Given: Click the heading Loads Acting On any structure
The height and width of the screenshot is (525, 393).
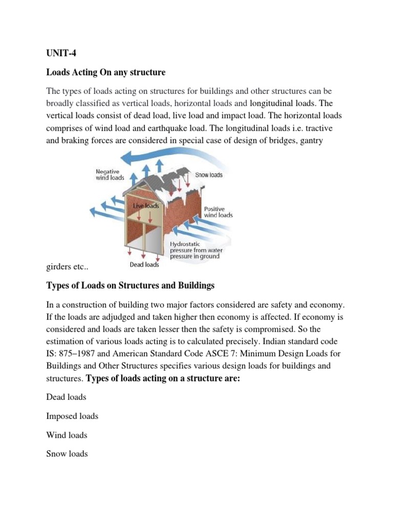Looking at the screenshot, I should click(x=106, y=72).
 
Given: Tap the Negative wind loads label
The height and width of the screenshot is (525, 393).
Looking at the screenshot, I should click(x=110, y=174).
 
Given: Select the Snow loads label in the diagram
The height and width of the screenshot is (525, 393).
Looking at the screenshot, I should click(x=209, y=175).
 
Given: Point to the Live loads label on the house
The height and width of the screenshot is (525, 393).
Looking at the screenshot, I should click(x=146, y=206).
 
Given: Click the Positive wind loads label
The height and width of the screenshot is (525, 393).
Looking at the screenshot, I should click(x=219, y=212).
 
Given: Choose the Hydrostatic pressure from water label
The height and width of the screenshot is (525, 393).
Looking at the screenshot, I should click(x=194, y=250).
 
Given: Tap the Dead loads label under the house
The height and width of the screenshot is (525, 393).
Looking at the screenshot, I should click(x=144, y=265).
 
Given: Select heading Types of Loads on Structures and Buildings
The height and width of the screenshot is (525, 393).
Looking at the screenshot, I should click(x=130, y=285).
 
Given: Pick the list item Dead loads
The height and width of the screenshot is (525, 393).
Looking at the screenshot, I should click(x=66, y=397).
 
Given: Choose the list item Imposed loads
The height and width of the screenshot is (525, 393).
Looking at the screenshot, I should click(x=72, y=416).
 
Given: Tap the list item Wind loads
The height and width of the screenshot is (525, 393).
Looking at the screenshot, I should click(x=67, y=435).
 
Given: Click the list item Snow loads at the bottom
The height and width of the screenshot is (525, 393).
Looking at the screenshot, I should click(x=67, y=454).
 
